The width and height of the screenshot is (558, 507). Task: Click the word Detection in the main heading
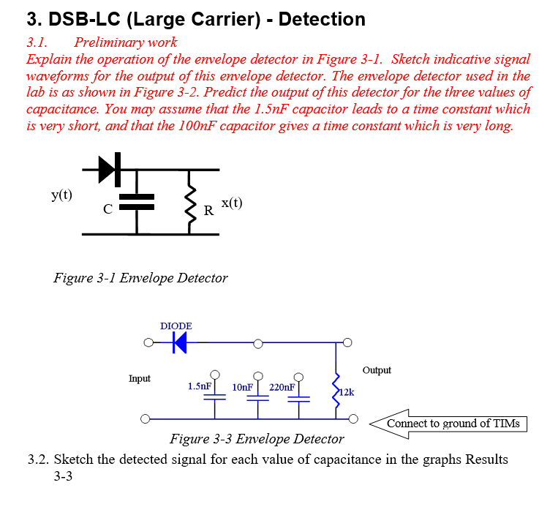pos(322,19)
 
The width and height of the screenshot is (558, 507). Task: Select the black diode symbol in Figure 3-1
pos(108,170)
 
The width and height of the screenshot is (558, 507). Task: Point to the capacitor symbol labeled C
pos(137,202)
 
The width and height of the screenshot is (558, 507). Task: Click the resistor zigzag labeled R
pos(192,202)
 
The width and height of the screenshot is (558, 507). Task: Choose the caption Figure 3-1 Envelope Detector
pos(140,278)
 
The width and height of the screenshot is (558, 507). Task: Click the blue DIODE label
pos(176,326)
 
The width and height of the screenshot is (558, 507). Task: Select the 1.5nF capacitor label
pos(200,386)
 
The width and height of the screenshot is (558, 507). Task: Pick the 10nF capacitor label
pos(242,386)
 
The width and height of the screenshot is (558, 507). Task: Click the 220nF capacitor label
pos(282,386)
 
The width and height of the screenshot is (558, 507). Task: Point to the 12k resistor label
pos(347,392)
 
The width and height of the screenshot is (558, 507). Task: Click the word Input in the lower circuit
pos(140,378)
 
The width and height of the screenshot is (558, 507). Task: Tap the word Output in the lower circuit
pos(377,370)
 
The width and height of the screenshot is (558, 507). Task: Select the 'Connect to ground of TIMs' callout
pos(453,424)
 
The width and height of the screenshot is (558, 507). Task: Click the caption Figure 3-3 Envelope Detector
pos(257,439)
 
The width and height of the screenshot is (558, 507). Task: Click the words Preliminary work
pos(125,42)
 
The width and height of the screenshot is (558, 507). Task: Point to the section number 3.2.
pos(39,459)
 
